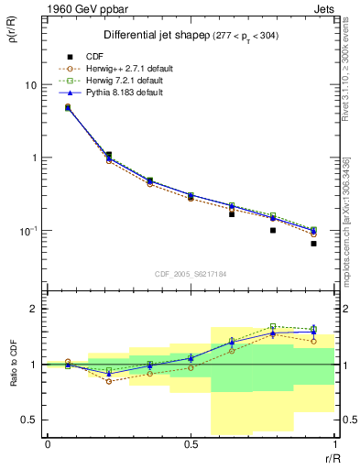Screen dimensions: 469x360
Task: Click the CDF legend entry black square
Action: pos(67,56)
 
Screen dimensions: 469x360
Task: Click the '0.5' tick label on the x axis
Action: pos(191,444)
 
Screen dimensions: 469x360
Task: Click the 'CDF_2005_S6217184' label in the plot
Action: pos(191,273)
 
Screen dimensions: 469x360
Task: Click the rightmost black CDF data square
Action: pos(313,244)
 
